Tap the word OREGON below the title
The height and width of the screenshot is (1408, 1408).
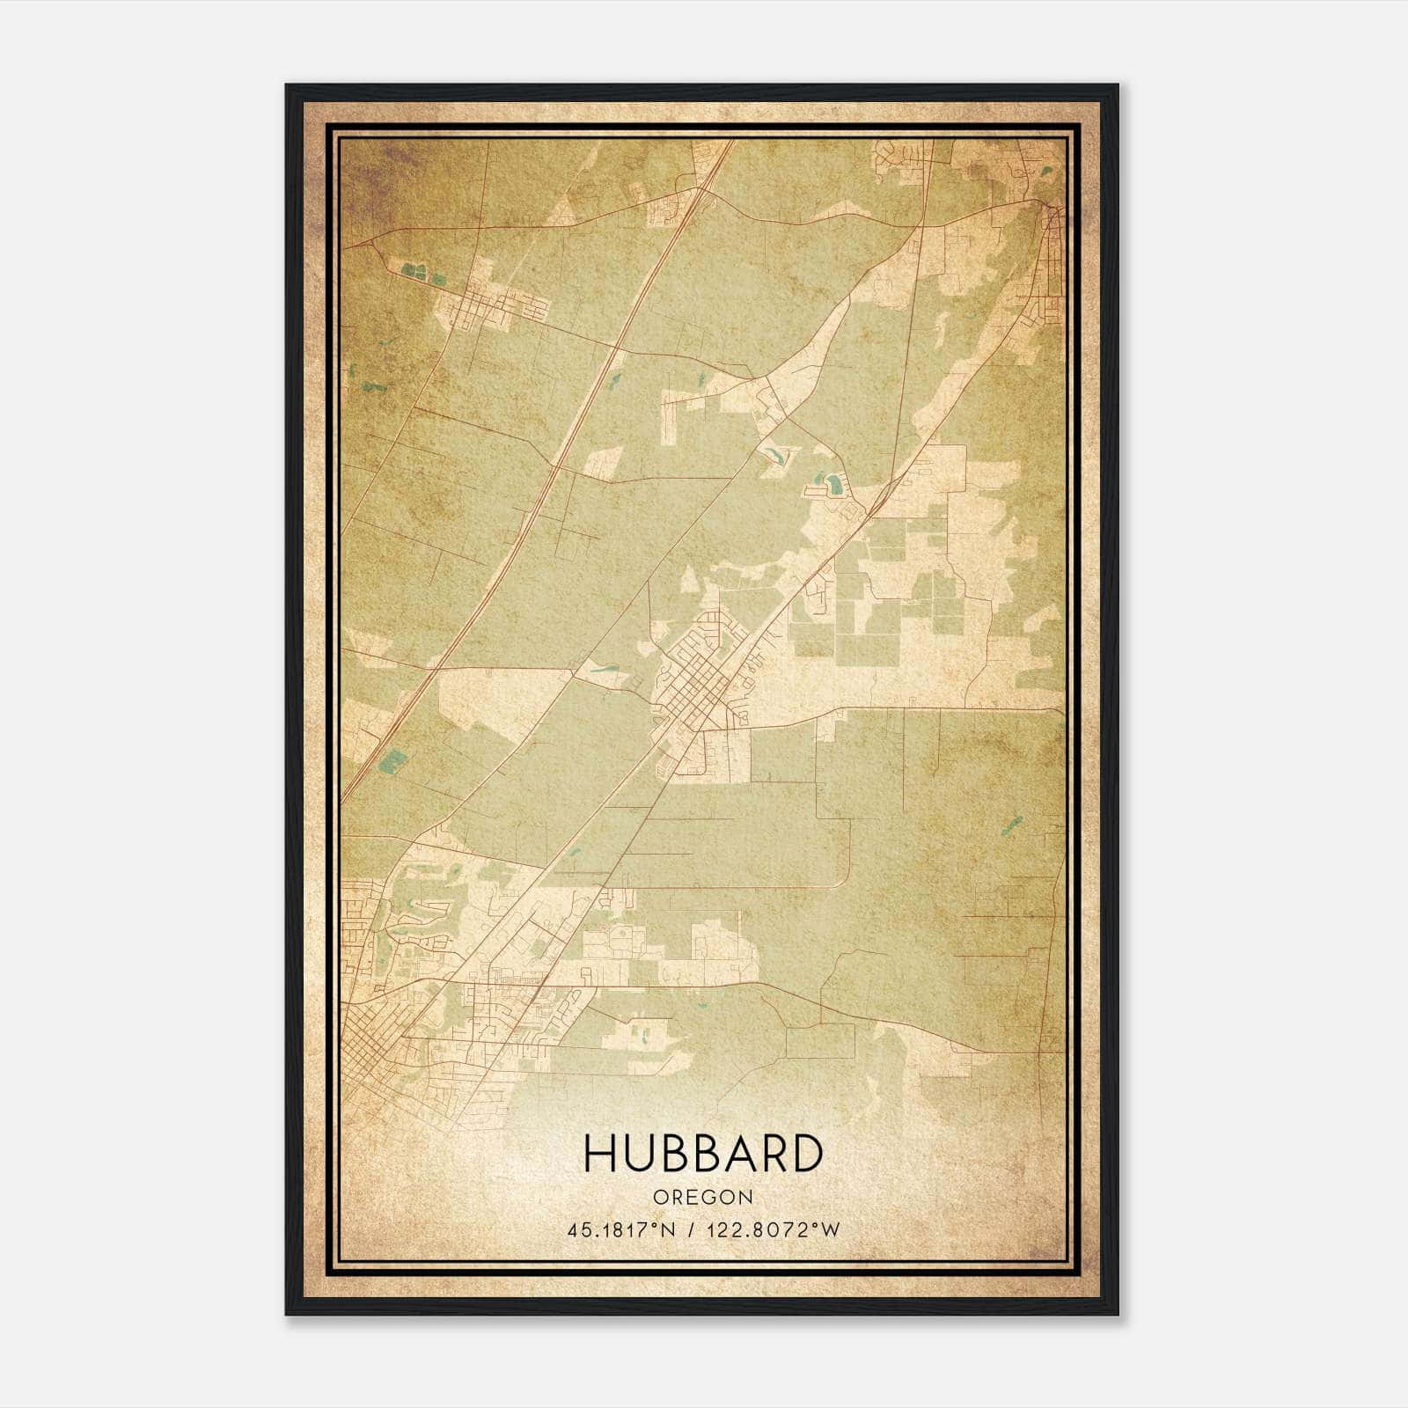pyautogui.click(x=703, y=1198)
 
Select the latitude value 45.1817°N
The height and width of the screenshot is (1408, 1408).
pyautogui.click(x=621, y=1230)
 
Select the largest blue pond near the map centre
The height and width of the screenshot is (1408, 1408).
pyautogui.click(x=832, y=482)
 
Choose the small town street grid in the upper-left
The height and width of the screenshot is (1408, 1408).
pyautogui.click(x=493, y=308)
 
